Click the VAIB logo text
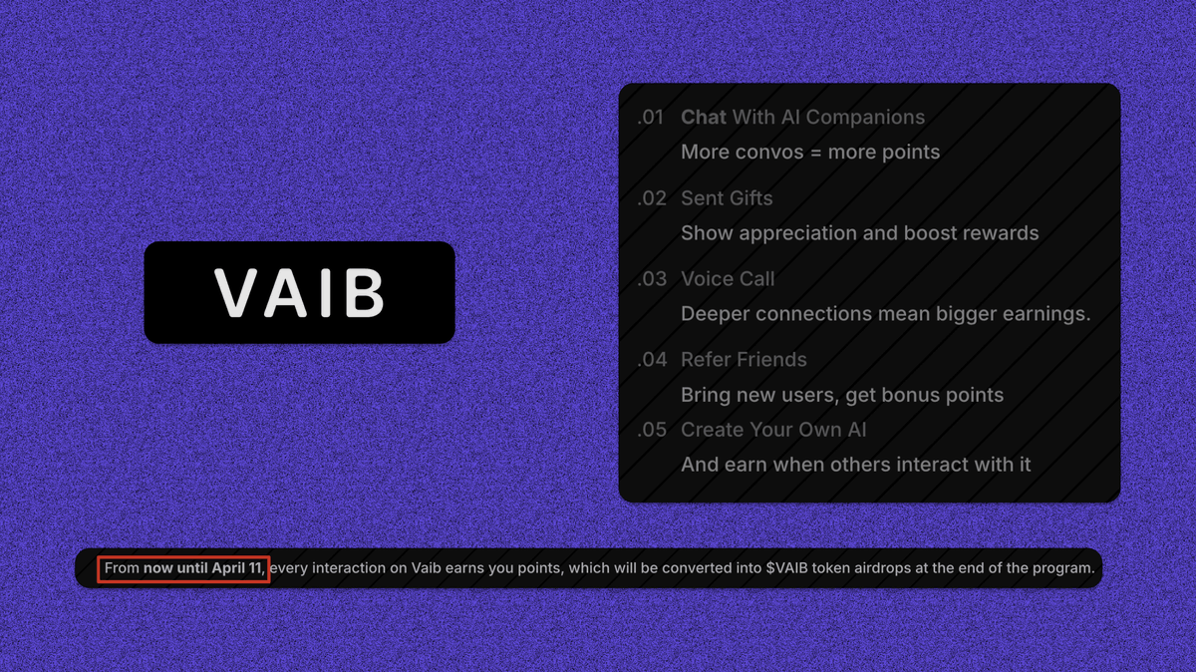coord(299,292)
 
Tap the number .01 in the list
coord(651,118)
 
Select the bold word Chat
coord(704,118)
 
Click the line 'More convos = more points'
coord(810,153)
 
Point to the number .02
coord(652,198)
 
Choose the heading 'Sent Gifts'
coord(727,198)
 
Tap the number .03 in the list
coord(652,279)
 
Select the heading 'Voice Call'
coord(728,279)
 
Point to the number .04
coord(652,360)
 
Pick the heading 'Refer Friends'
coord(744,360)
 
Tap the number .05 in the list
coord(652,431)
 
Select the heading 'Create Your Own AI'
coord(773,431)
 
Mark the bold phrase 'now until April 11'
coord(202,568)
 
